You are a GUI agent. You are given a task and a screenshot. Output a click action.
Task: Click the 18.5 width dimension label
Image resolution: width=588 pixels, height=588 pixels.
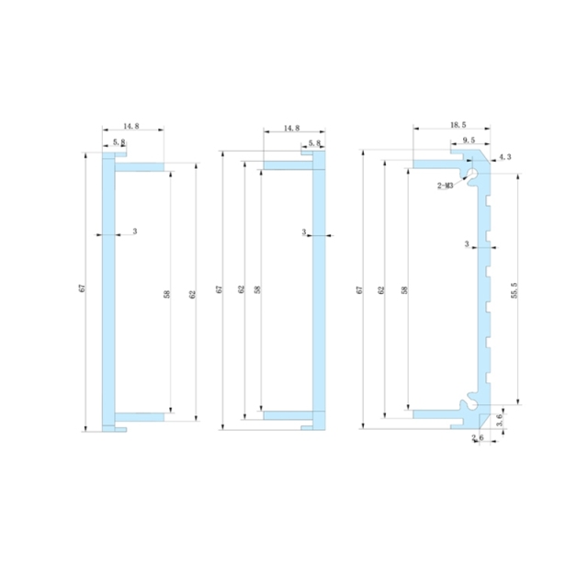(458, 124)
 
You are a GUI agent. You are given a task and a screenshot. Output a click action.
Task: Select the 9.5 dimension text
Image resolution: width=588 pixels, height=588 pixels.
(469, 141)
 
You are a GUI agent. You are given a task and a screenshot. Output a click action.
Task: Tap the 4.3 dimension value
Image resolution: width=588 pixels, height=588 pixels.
(504, 158)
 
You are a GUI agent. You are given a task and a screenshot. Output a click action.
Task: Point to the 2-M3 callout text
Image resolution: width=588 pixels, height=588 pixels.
(446, 185)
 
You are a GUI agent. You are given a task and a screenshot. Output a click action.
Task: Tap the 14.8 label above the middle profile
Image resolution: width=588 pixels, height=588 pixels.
(292, 130)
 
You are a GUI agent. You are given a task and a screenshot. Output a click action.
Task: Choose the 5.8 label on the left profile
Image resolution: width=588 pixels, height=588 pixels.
(119, 142)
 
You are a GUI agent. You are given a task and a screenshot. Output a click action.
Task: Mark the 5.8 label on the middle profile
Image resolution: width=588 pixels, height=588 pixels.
(314, 143)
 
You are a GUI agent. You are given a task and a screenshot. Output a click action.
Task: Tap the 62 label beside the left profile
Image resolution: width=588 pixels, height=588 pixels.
(192, 294)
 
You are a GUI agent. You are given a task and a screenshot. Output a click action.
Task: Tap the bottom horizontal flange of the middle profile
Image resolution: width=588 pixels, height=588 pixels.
(288, 415)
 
